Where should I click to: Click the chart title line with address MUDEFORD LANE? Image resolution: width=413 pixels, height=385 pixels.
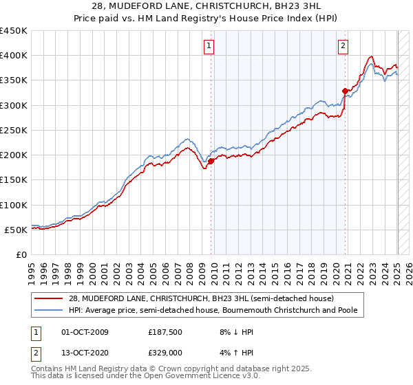206,7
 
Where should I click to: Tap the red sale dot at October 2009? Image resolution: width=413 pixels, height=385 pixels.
211,162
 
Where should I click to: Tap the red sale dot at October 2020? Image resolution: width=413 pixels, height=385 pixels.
345,91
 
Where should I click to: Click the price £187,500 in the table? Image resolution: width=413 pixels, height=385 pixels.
165,332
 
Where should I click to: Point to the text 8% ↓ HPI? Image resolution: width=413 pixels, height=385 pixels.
231,332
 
